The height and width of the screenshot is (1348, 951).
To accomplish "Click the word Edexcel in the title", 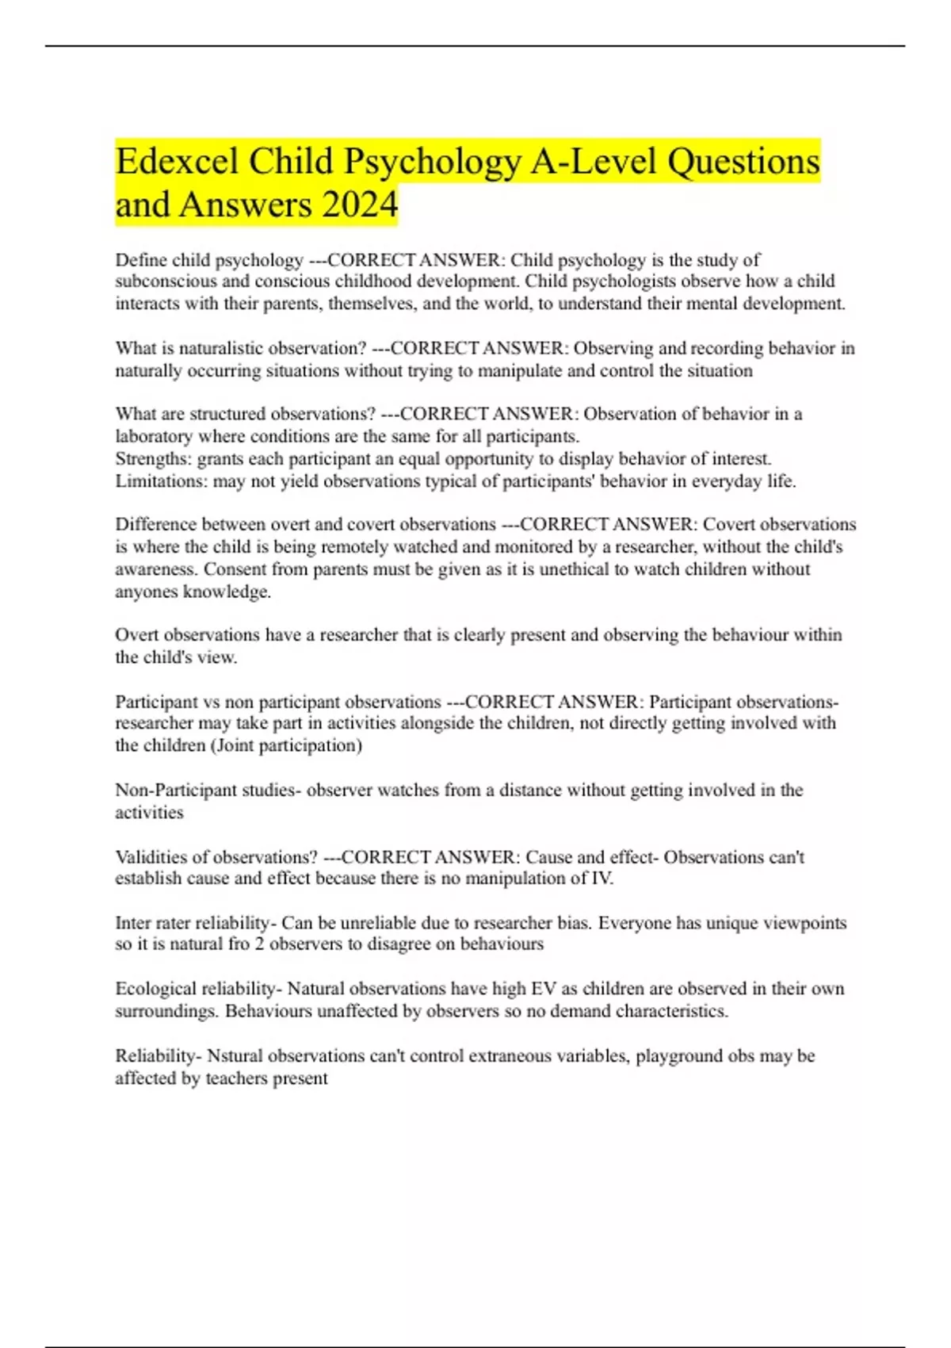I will tap(177, 162).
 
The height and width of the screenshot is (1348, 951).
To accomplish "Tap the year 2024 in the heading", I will tap(360, 205).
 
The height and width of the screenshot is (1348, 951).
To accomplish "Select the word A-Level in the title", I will tap(594, 162).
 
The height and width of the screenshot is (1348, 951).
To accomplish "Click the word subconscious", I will tap(166, 281).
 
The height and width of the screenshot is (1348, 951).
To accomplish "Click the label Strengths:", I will tap(154, 458).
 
